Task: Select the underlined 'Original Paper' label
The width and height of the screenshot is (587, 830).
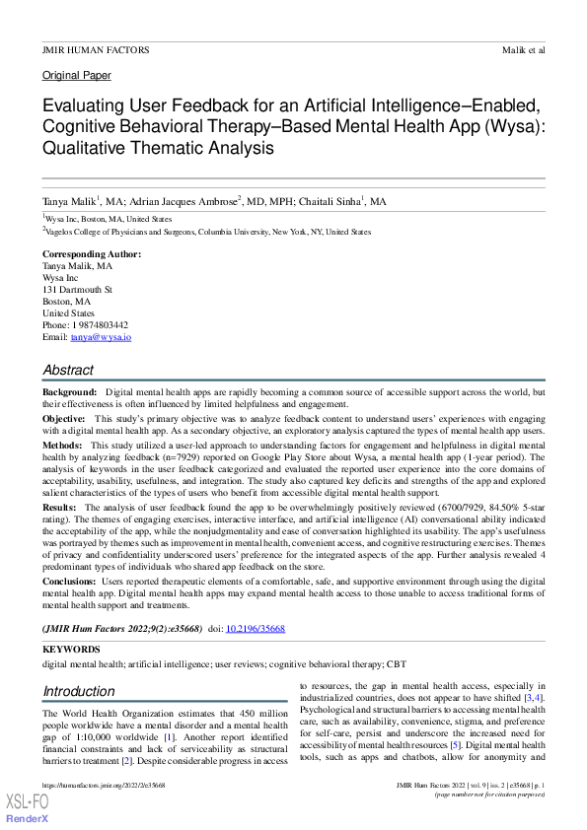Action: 77,76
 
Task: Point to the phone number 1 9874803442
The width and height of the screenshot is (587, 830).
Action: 99,325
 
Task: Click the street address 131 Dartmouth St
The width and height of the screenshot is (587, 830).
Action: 77,290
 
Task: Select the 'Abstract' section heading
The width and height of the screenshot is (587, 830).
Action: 68,370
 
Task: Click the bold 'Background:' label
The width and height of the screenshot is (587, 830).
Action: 69,393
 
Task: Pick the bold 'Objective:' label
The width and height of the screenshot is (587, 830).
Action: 64,418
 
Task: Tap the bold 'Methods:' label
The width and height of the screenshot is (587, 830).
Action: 62,446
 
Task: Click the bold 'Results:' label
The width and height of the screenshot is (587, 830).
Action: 61,507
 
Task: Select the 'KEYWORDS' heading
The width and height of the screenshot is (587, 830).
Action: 71,650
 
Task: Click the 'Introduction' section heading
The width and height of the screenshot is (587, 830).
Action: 78,691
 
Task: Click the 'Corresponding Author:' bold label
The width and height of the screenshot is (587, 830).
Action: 91,254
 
